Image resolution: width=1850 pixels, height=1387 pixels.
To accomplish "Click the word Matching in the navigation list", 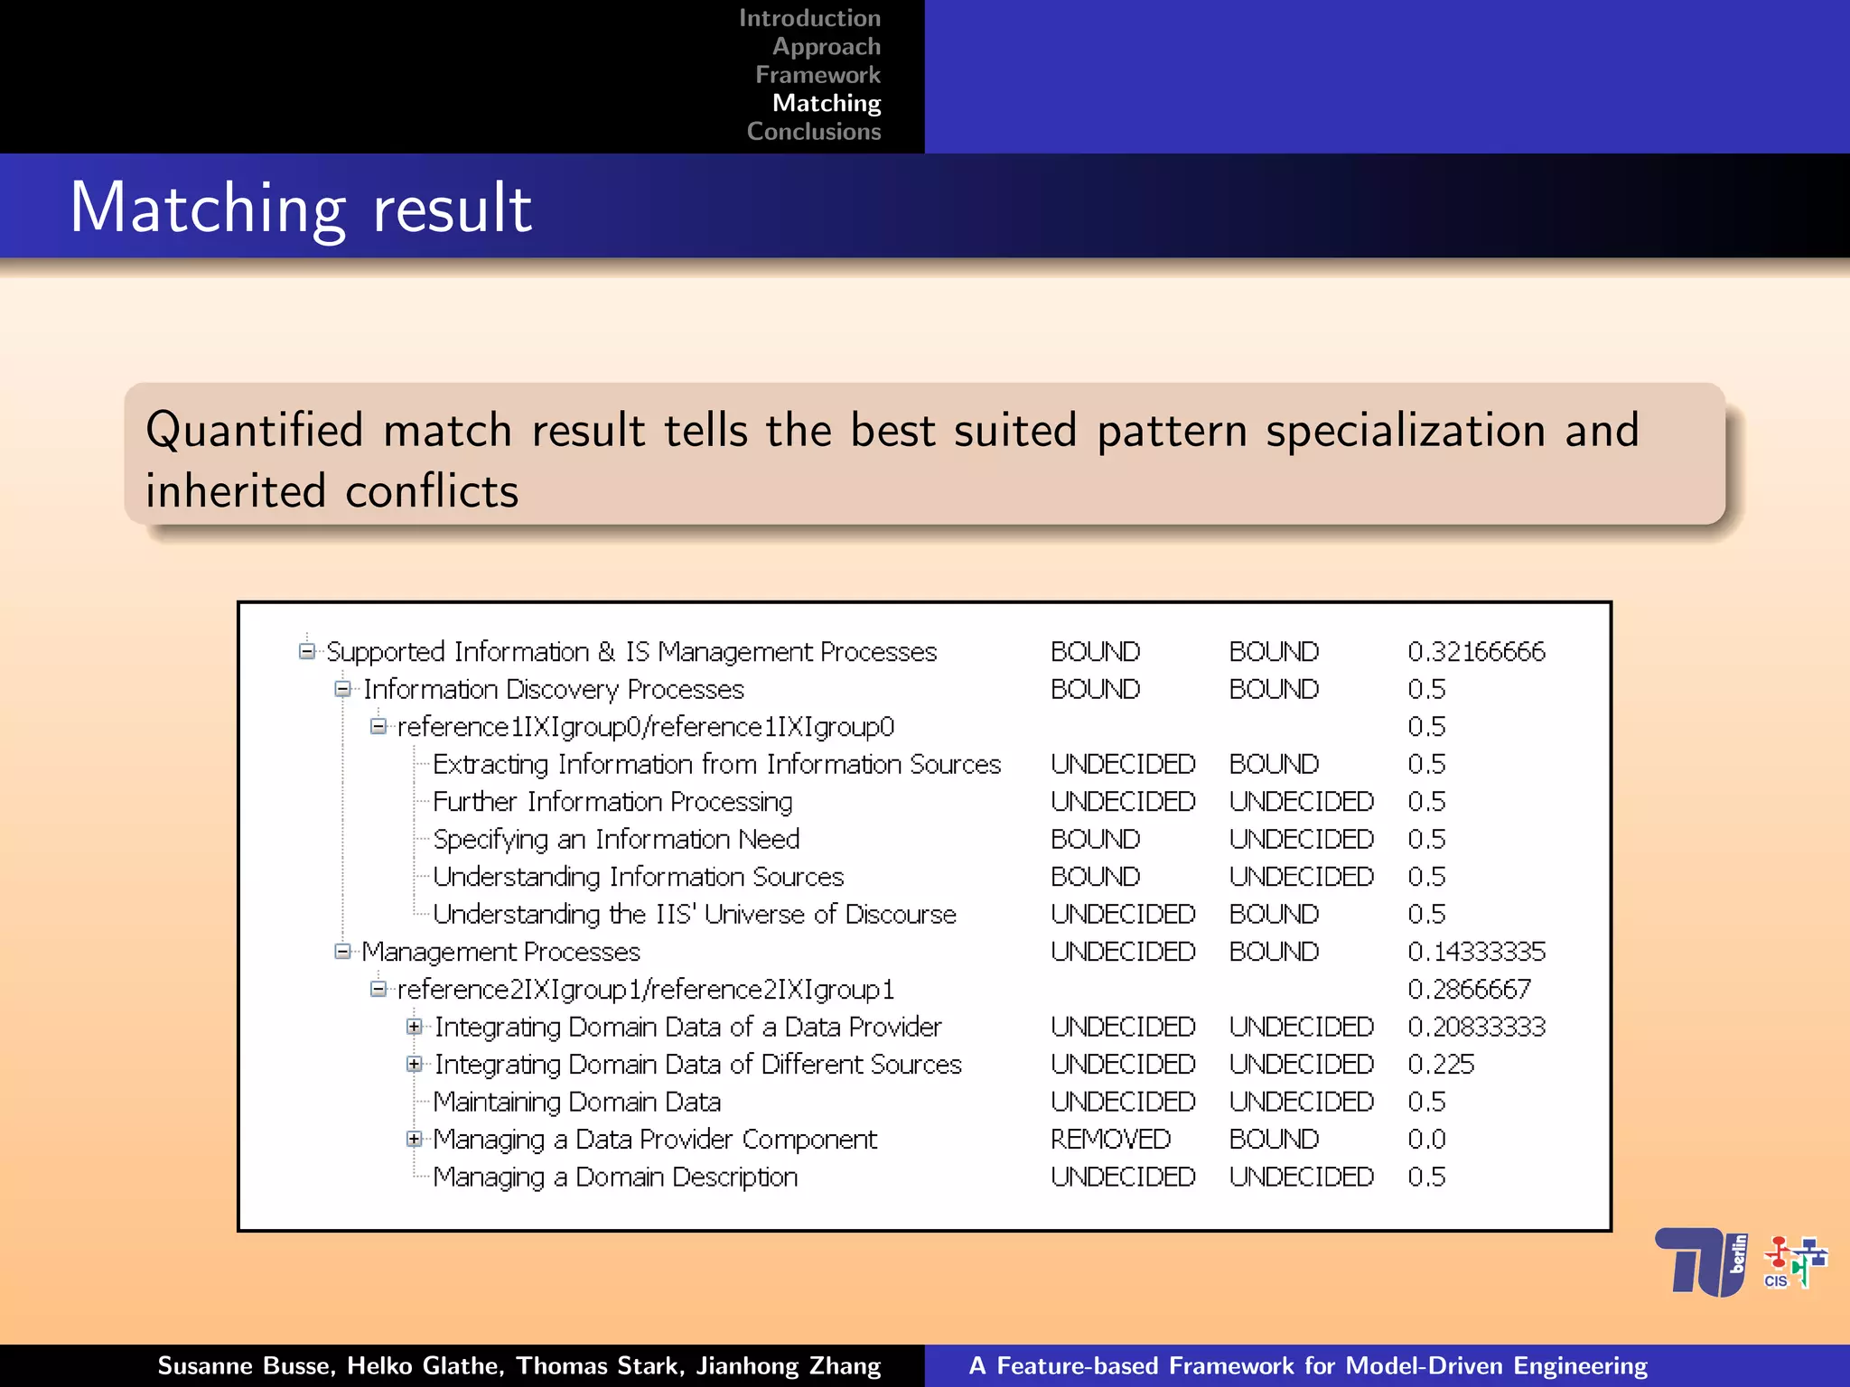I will (x=826, y=103).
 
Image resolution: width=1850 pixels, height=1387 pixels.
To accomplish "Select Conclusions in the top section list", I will (x=813, y=132).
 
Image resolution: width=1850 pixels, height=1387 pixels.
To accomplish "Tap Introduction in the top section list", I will (x=809, y=18).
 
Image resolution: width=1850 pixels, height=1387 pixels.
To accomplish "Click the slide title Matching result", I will (x=301, y=208).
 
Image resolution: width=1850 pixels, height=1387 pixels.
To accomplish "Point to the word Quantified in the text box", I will (x=254, y=430).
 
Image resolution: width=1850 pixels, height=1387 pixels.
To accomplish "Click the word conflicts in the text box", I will (x=432, y=491).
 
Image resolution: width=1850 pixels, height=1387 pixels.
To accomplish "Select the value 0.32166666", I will (x=1476, y=652).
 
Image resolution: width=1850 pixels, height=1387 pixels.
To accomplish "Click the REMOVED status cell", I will (x=1110, y=1140).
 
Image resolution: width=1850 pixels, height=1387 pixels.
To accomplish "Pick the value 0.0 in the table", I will (x=1426, y=1140).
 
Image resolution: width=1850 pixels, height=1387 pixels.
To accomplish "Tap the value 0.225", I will (x=1441, y=1065).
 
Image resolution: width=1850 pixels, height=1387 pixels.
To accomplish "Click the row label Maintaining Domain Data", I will (x=576, y=1103).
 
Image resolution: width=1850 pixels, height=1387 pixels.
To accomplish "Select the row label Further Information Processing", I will (x=612, y=802).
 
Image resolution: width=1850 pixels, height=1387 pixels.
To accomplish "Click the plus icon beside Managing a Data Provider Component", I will (x=414, y=1139).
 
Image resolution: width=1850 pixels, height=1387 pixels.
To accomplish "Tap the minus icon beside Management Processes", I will (x=342, y=951).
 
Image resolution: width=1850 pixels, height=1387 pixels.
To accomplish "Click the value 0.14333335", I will (x=1476, y=952).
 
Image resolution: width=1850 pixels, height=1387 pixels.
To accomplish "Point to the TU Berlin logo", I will (x=1700, y=1261).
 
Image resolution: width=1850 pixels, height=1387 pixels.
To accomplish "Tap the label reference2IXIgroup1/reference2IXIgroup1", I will (x=645, y=990).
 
